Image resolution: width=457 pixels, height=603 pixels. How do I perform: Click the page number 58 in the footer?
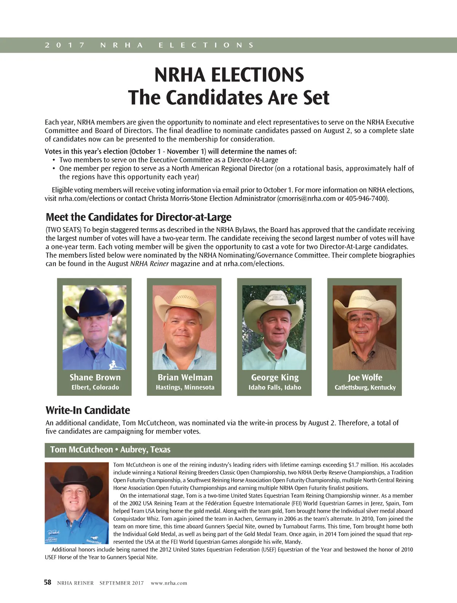click(48, 582)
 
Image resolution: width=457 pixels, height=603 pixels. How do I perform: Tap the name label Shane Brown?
click(95, 377)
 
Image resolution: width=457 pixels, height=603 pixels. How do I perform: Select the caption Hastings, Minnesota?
click(185, 387)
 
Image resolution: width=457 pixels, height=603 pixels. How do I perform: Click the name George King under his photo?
click(275, 377)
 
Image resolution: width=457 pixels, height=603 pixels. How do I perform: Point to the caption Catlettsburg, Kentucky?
click(365, 387)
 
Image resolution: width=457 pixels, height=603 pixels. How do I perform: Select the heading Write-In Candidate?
click(88, 410)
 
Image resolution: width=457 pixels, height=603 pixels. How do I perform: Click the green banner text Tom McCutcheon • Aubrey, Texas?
click(110, 449)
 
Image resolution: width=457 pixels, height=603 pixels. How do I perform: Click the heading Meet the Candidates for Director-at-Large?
click(138, 217)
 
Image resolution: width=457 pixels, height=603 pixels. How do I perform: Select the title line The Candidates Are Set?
click(228, 97)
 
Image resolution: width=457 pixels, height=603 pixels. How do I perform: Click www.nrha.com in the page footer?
click(169, 583)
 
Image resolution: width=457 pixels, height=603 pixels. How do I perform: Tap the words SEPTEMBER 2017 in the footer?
click(121, 583)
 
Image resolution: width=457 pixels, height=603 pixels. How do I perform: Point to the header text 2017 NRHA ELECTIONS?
click(149, 45)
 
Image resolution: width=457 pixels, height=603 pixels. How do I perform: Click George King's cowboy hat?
click(274, 303)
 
